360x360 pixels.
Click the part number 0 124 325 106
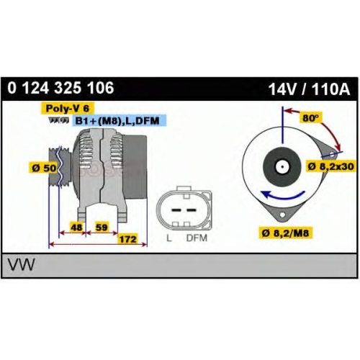coord(60,88)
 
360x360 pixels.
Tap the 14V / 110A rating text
coord(309,89)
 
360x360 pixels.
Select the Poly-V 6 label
coord(68,108)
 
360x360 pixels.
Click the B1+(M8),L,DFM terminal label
coord(117,121)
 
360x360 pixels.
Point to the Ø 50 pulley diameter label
coord(44,168)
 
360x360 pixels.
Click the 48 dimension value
coord(77,227)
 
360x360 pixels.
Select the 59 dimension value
coord(102,227)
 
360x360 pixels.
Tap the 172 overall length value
coord(128,239)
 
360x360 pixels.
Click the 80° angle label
coord(310,118)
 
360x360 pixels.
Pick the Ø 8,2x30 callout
coord(331,166)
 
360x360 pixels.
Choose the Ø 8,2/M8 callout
coord(285,233)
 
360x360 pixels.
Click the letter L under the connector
coord(169,238)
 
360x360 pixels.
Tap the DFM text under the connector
coord(197,238)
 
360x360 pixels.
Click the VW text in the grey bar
coord(22,265)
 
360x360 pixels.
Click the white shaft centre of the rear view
coord(282,166)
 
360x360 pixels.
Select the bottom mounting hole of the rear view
coord(283,215)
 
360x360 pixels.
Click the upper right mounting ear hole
coord(332,154)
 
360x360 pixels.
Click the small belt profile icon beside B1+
coord(59,120)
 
